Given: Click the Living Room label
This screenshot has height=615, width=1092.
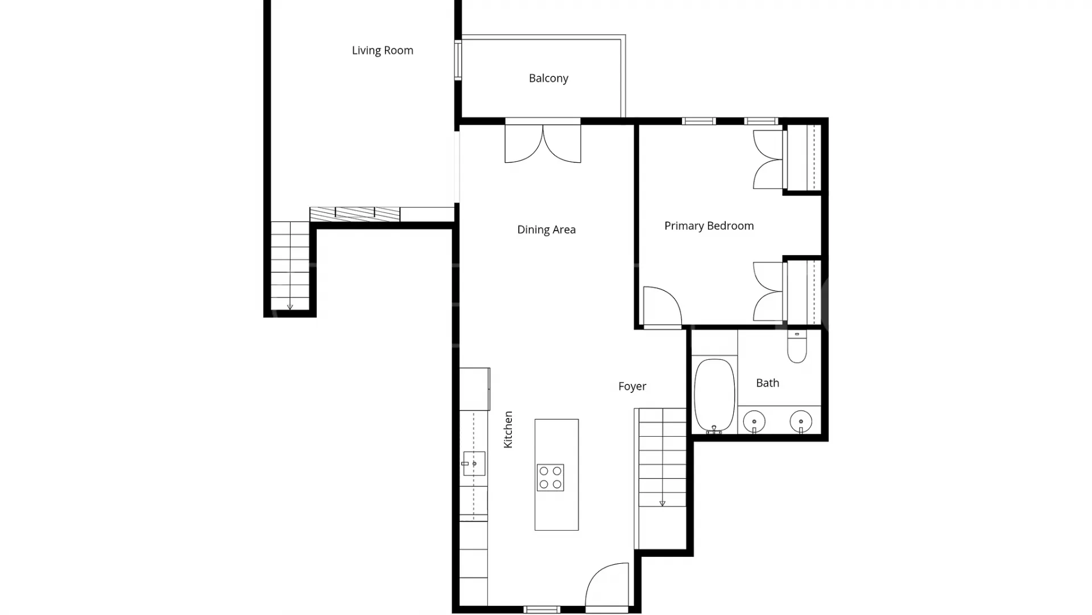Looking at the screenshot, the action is point(382,50).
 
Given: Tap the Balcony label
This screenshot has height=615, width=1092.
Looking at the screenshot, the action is point(548,78).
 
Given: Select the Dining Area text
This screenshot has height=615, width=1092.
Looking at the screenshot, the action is point(546,229).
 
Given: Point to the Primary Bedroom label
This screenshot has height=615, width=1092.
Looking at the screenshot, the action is point(709,225).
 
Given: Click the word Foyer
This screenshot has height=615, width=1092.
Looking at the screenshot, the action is point(632,386).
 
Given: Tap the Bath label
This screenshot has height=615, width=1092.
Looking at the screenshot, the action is point(767,383).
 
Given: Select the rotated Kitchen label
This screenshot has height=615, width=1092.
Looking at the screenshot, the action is point(508,429).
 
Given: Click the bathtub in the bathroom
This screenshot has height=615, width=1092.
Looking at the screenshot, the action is point(714,396).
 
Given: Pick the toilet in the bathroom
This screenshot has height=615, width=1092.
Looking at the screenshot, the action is point(797,347).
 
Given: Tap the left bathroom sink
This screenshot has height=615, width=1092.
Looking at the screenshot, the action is point(754,422).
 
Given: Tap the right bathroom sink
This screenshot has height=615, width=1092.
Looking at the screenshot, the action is point(801,422).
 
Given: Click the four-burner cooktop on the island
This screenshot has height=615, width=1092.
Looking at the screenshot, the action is point(551,477).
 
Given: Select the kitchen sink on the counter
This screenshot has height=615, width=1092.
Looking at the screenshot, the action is point(474,464).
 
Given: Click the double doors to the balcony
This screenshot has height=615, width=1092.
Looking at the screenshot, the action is point(543,143).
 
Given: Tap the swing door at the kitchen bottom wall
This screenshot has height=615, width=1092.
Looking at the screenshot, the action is point(607,585).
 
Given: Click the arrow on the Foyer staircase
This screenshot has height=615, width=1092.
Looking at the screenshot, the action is point(662,503).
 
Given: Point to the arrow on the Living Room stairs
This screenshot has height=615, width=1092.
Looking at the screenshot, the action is point(290,307).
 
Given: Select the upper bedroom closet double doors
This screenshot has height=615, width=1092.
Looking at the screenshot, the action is point(768,159).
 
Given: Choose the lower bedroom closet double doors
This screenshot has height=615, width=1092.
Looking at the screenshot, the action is point(768,292).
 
